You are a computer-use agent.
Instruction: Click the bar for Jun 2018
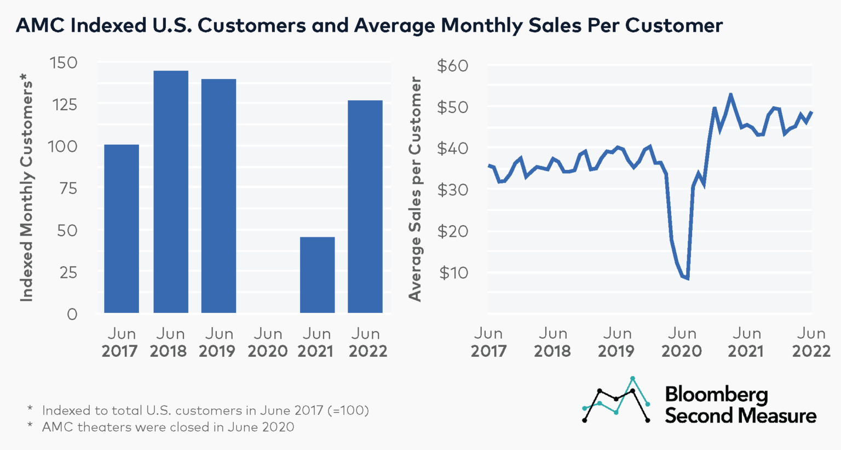[x=171, y=192]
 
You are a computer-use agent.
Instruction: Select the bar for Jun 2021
[x=317, y=275]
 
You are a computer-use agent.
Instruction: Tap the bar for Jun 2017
[x=122, y=229]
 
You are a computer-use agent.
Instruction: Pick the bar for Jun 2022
[x=365, y=207]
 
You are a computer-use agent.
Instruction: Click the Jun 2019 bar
[x=218, y=196]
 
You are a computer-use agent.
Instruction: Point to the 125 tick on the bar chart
[x=65, y=104]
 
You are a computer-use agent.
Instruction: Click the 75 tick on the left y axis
[x=68, y=188]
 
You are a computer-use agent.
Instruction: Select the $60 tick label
[x=452, y=66]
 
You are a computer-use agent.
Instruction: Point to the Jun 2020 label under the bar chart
[x=267, y=343]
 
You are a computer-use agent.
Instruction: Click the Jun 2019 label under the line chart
[x=617, y=343]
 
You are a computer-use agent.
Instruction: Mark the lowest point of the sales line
[x=687, y=278]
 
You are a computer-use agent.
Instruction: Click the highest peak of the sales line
[x=730, y=95]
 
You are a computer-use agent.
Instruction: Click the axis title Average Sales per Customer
[x=415, y=189]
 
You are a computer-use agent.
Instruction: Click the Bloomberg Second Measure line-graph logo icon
[x=617, y=400]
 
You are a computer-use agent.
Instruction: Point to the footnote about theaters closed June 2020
[x=168, y=427]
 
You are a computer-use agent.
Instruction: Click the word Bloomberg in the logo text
[x=716, y=395]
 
